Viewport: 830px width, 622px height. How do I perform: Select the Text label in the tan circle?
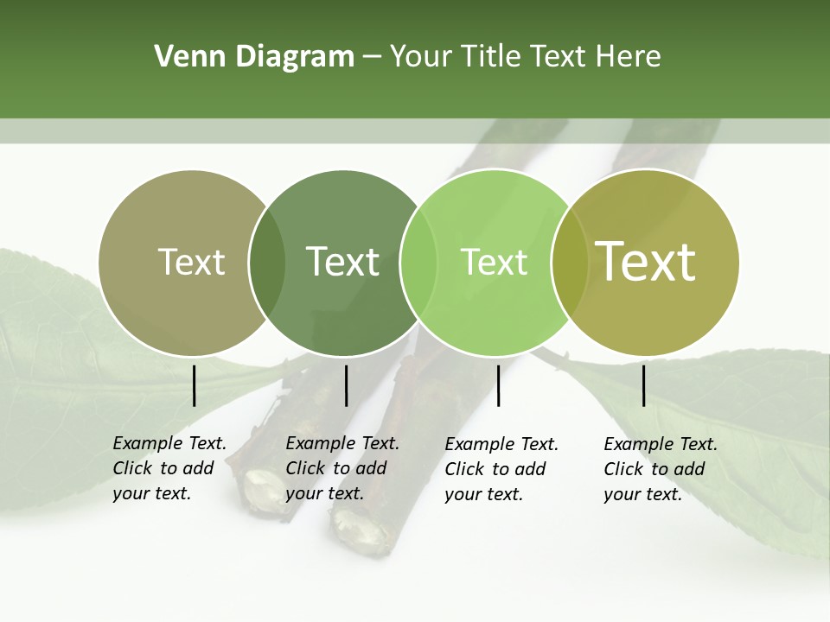191,262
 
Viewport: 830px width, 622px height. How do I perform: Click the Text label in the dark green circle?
342,262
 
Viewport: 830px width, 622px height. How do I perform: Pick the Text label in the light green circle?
494,262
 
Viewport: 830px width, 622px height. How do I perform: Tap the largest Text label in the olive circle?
645,261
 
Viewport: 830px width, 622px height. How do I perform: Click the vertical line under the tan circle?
195,385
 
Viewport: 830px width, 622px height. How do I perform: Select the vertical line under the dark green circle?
346,385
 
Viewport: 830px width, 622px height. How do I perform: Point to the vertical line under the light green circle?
498,385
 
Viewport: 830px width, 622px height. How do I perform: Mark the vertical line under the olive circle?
643,385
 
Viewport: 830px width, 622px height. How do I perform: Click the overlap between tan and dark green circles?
266,263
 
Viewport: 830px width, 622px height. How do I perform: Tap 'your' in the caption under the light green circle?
463,495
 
